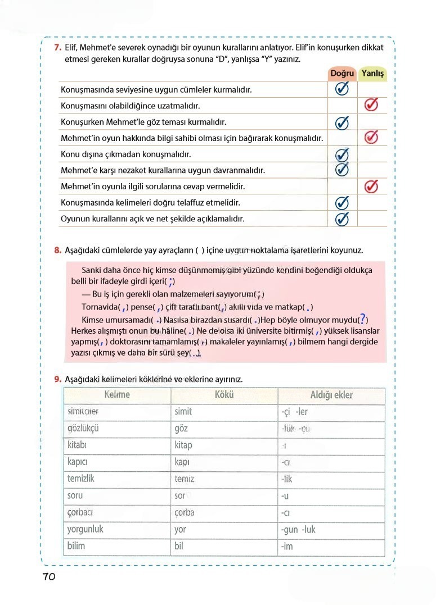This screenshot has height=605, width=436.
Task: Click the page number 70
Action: (48, 577)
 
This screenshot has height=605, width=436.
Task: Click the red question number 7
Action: (57, 48)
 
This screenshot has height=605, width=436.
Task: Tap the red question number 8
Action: (57, 250)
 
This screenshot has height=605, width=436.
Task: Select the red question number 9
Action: (57, 379)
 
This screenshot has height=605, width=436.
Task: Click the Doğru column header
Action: (342, 74)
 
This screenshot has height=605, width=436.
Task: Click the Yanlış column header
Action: (372, 74)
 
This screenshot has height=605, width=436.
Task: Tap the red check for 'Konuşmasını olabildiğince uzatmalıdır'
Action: (371, 105)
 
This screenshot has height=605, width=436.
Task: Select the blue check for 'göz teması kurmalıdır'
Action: (342, 122)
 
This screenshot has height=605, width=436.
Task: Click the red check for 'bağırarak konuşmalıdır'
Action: (371, 137)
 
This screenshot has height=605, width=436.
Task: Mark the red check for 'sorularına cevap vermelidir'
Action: (371, 186)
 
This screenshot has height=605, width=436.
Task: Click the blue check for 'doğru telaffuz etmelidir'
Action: (342, 203)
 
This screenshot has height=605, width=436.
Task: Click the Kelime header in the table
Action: (117, 395)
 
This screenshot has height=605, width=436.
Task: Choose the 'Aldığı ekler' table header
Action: (331, 395)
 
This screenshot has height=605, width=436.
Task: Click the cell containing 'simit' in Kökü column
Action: (183, 412)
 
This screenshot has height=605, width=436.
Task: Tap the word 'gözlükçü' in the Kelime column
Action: (83, 428)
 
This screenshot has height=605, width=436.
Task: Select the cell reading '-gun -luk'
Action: (298, 529)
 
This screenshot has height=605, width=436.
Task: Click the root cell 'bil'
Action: (179, 546)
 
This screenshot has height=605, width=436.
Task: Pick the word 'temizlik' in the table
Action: (81, 479)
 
